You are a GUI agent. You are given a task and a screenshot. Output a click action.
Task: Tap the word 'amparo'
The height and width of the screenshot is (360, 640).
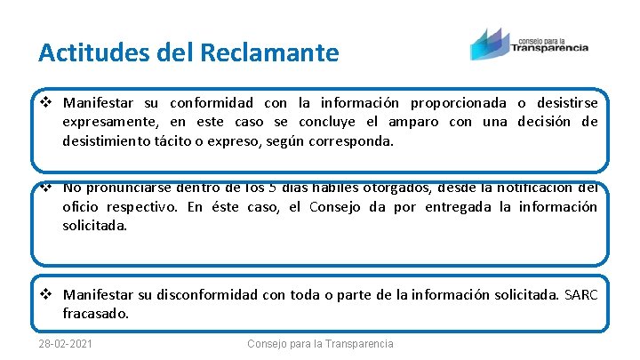412,121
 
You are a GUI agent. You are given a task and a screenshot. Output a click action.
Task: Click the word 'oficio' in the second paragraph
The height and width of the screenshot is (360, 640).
80,207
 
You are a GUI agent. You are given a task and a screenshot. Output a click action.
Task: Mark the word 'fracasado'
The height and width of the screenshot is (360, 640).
95,313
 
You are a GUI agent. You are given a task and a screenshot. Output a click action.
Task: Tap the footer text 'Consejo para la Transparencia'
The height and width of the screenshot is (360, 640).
320,344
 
